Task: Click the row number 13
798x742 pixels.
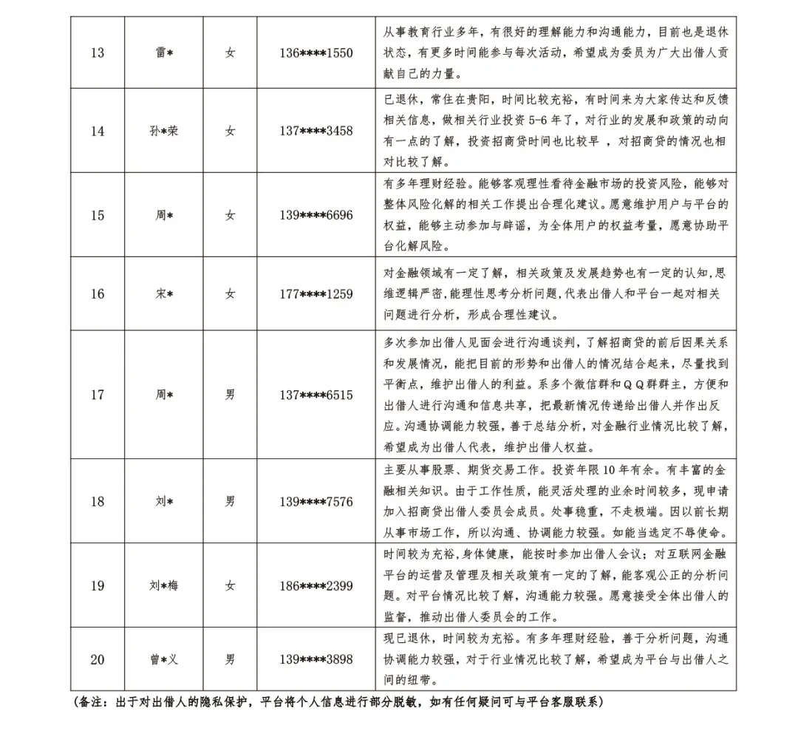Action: [x=97, y=53]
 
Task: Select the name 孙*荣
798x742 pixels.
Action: [x=163, y=132]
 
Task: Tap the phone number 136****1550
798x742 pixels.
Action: [x=316, y=53]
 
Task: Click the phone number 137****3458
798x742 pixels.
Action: [x=316, y=132]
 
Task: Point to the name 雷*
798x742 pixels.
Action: [x=163, y=53]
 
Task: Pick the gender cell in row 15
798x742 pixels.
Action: [x=231, y=216]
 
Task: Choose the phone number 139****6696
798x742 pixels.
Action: [x=316, y=216]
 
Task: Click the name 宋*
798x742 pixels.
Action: [x=163, y=294]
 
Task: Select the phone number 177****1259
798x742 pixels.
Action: [x=316, y=294]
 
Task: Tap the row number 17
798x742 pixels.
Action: [x=97, y=395]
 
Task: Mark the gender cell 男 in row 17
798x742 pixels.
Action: [x=231, y=395]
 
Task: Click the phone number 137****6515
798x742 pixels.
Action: [x=316, y=395]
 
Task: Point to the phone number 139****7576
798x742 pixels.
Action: [x=316, y=502]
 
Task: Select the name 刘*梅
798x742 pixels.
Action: [x=163, y=586]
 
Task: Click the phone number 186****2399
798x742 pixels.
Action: [x=316, y=586]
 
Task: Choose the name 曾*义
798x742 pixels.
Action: [x=163, y=659]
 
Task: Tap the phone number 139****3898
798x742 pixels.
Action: [x=316, y=659]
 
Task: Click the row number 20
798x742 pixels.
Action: [x=97, y=659]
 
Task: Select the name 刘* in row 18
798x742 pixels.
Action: [x=163, y=502]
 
